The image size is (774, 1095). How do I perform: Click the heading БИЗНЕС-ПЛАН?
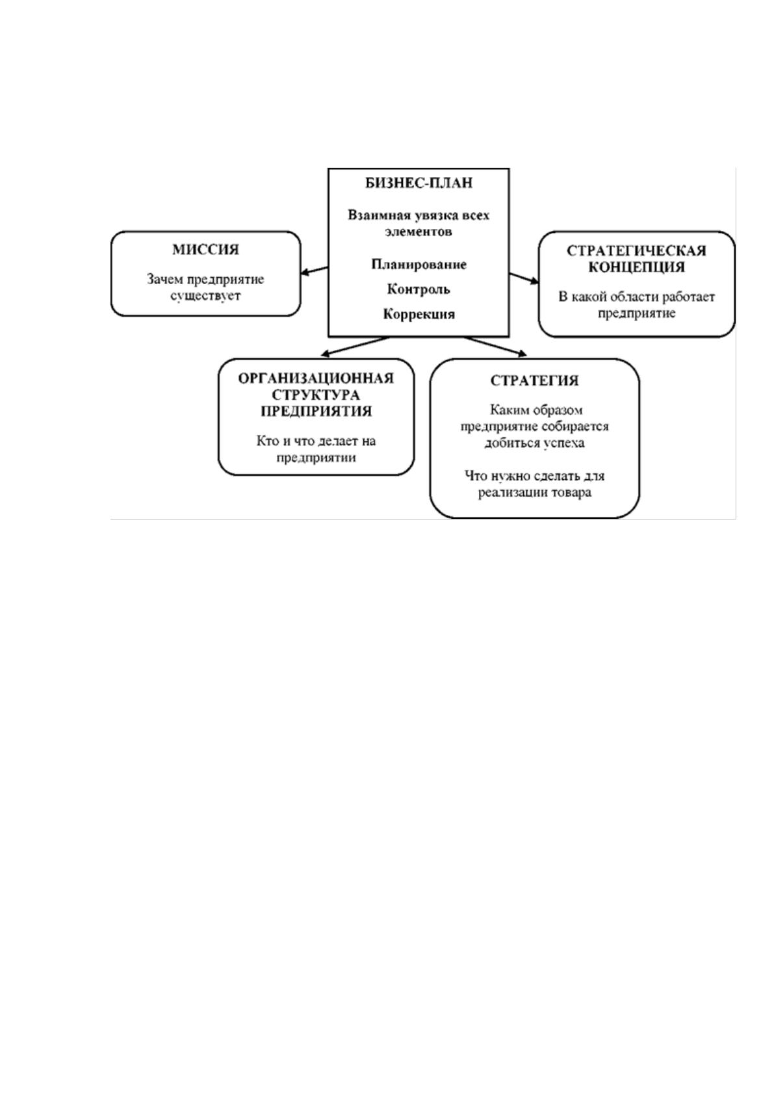[419, 183]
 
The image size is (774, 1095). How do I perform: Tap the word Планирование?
[419, 265]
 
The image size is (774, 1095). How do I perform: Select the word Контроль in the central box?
[419, 289]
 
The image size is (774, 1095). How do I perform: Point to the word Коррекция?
[419, 314]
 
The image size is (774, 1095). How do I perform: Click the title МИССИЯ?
[206, 250]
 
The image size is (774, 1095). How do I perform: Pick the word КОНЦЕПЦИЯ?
[636, 267]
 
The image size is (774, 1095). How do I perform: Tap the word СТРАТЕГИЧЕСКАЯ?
[636, 251]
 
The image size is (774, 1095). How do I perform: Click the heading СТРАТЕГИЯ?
[534, 381]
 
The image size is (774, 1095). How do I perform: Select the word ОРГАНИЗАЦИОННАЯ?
[316, 379]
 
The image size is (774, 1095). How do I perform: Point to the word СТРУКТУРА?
[316, 395]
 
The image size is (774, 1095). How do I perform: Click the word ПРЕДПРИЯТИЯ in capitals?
[316, 411]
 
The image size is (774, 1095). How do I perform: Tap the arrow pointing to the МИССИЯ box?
[314, 270]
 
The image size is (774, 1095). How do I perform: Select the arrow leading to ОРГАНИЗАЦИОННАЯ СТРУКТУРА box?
[355, 346]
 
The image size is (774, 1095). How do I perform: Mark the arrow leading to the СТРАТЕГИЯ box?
[495, 346]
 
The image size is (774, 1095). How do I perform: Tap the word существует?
[205, 297]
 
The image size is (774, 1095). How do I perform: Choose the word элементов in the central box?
[419, 231]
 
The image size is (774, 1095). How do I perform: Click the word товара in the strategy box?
[571, 492]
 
